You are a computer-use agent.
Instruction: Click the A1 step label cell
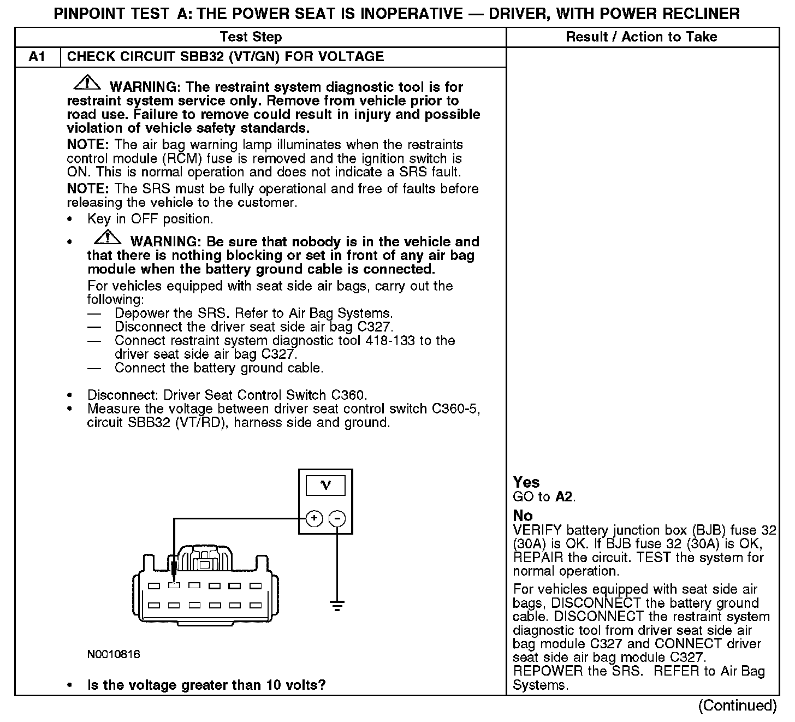pos(37,57)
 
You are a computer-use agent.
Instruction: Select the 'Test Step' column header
pos(251,37)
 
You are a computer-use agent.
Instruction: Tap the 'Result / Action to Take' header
pos(642,37)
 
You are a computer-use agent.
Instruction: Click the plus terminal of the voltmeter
pos(314,518)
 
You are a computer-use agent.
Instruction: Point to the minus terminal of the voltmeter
pos(337,518)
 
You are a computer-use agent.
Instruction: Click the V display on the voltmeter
pos(325,485)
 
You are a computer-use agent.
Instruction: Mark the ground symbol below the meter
pos(337,606)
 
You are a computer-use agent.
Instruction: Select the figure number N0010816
pos(114,654)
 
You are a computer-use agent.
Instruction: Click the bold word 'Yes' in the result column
pos(526,482)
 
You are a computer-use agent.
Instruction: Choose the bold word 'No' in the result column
pos(523,516)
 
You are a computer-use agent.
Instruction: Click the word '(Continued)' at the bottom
pos(737,706)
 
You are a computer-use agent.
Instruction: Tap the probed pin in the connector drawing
pos(174,585)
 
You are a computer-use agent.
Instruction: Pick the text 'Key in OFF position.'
pos(150,220)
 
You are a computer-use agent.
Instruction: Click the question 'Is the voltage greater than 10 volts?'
pos(206,685)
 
